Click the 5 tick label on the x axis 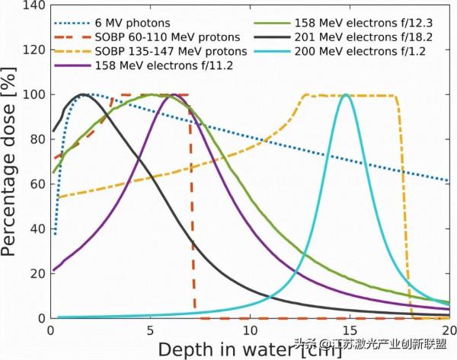pos(150,331)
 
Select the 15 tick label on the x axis pos(349,331)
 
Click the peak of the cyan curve pos(347,95)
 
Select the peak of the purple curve pos(174,95)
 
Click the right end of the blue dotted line pos(448,180)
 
